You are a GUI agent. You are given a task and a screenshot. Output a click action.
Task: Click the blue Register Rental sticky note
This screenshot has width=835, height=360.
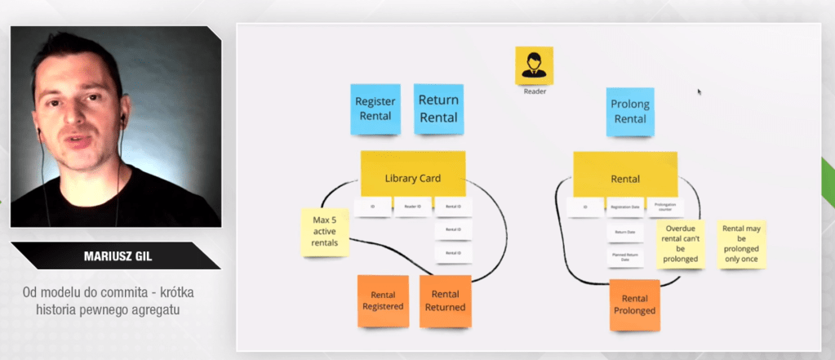375,109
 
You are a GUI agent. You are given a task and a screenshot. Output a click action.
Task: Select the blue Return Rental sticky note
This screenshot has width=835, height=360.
438,109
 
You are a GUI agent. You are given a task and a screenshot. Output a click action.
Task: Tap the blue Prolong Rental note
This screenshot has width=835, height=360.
629,111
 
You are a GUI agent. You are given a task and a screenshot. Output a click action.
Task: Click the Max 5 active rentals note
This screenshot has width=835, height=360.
326,232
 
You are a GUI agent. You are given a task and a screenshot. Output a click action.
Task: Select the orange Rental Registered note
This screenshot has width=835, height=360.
383,300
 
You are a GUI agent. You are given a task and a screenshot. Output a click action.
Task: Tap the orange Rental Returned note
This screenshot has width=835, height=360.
445,300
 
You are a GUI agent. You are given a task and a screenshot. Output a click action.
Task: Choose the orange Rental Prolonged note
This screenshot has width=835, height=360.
636,304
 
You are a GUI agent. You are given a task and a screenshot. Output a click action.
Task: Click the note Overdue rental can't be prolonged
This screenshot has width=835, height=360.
682,244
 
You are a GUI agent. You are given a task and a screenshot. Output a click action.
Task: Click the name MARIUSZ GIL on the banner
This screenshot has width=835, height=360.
115,256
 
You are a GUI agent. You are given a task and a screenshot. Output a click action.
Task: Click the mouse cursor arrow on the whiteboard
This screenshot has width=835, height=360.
700,91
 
